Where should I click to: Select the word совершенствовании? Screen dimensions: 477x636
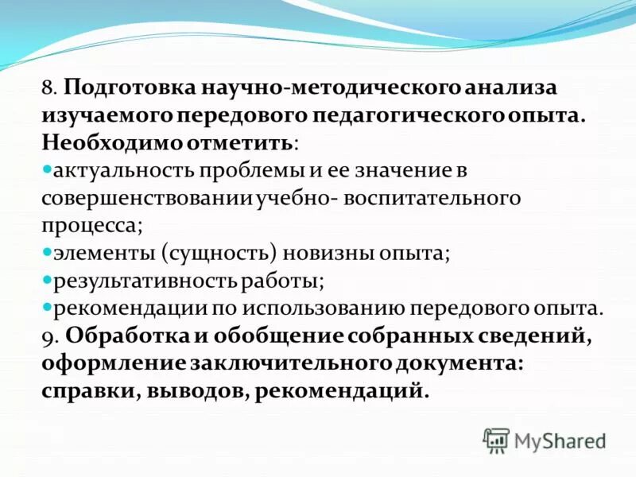147,198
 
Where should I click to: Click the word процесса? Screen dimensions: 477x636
92,226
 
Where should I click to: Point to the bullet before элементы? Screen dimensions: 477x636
47,252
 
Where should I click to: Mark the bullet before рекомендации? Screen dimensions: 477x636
47,307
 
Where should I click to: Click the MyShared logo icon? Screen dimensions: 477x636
496,440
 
